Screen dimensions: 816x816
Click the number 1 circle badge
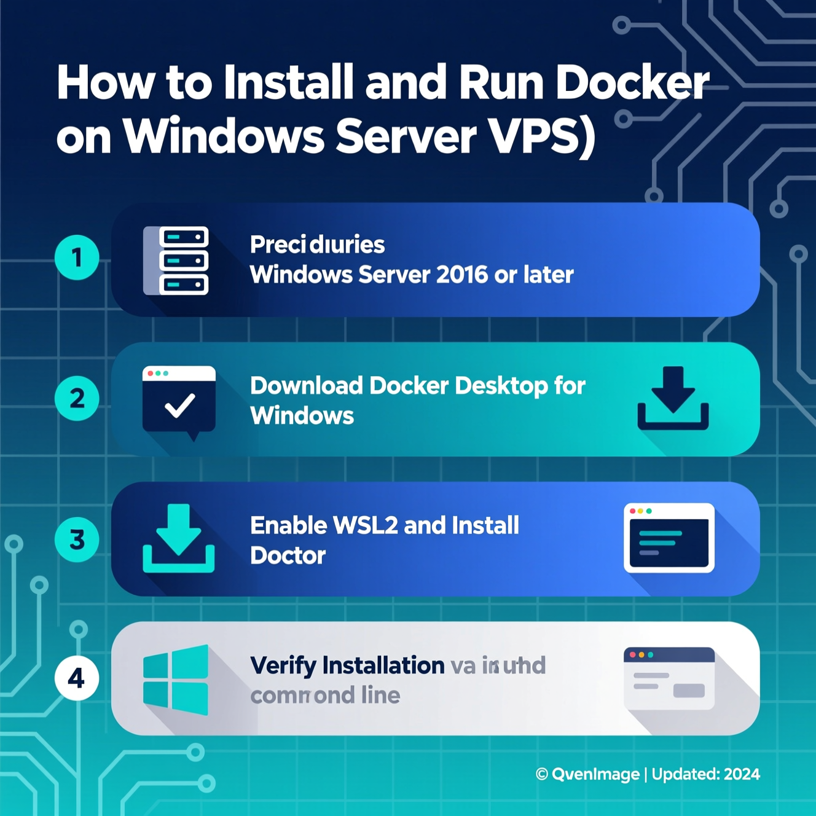[77, 257]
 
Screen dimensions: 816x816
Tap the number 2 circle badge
[77, 399]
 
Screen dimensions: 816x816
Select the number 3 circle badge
[77, 539]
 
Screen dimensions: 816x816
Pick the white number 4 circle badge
[77, 678]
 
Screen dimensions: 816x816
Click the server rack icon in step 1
[176, 261]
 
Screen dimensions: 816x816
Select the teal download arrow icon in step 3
[179, 538]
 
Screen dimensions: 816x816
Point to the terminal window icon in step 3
[669, 538]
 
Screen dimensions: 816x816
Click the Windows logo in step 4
[176, 680]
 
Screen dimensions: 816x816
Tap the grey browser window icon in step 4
[669, 678]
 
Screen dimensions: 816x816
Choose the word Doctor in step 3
[288, 555]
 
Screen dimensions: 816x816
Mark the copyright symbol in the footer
[541, 774]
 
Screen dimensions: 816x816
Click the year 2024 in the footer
[742, 774]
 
